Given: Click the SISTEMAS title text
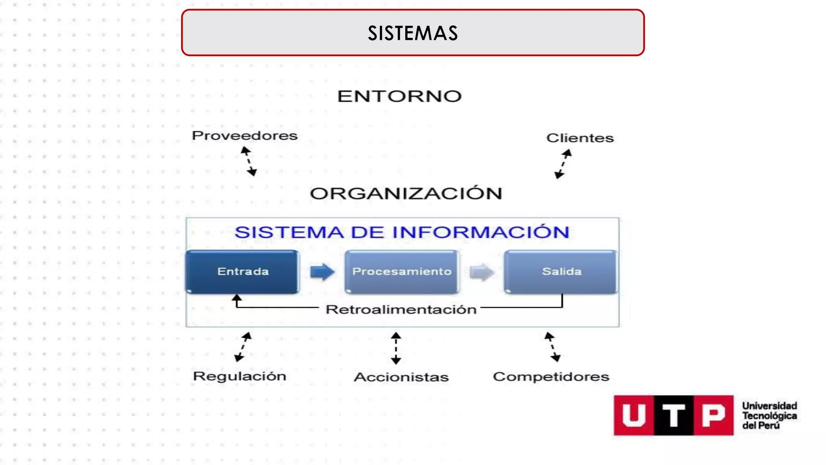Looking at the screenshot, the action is point(413,33).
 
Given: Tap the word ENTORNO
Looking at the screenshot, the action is point(399,96).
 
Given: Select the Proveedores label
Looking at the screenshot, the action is point(244,136).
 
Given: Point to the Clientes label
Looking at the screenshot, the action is point(580,138).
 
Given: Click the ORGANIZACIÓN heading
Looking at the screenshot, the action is point(406,194).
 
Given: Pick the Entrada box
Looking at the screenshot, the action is point(242,271).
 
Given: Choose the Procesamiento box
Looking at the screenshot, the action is point(402,271).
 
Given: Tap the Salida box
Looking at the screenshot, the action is point(561,271).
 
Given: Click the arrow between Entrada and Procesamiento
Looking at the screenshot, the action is point(322,272).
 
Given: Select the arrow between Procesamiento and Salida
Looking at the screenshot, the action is point(482,272).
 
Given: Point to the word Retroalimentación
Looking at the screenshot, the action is point(401,310).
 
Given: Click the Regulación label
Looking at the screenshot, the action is point(240,376).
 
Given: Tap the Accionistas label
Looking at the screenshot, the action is point(401,377).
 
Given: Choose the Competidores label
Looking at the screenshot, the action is point(551,377).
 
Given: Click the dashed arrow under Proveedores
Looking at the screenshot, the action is point(249,161).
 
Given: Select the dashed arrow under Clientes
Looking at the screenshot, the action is point(563,164).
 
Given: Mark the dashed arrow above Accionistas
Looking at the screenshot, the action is point(396,348).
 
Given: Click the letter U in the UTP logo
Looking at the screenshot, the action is point(634,415).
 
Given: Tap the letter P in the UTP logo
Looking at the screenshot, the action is point(713,415).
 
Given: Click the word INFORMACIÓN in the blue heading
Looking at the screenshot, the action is point(481,232).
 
